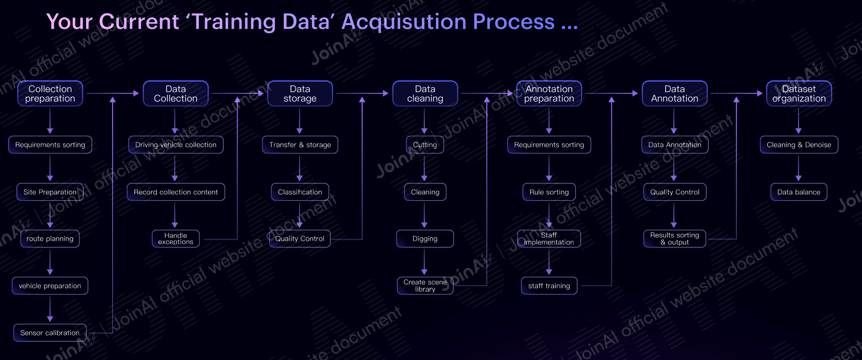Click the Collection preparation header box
(50, 93)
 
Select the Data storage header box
(300, 93)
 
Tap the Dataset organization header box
(799, 93)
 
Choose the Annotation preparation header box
(549, 93)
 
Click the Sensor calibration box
(50, 333)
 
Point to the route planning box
(50, 239)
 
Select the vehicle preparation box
(50, 286)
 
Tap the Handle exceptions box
(176, 239)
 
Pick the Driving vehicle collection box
(176, 145)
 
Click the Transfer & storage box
(300, 145)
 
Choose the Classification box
(300, 192)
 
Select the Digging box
(425, 239)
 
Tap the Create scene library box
(425, 286)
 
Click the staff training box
(549, 286)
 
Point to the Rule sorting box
(549, 192)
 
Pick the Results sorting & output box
(674, 239)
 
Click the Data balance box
(799, 192)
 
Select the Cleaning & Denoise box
(799, 145)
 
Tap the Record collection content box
(176, 192)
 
